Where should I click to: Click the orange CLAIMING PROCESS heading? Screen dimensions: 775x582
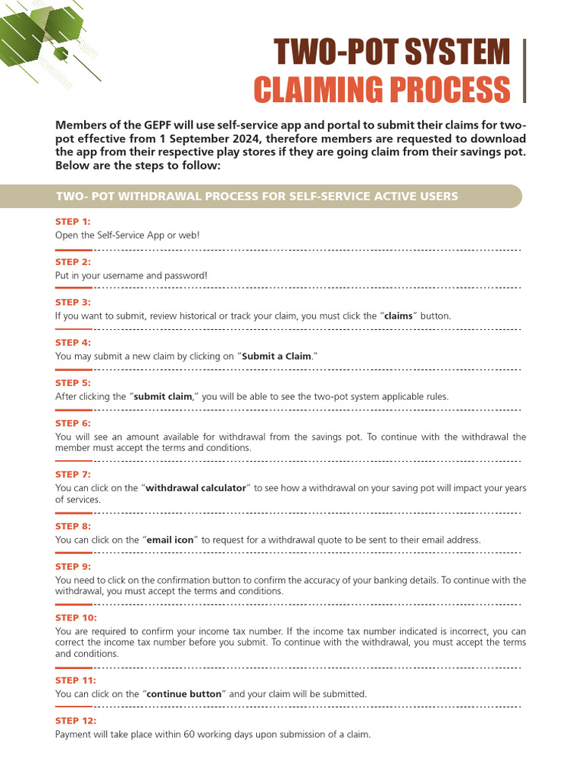click(381, 90)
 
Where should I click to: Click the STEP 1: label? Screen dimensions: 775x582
click(73, 222)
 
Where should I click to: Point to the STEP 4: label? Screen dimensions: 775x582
click(73, 343)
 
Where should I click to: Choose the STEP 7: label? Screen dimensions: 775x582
click(73, 475)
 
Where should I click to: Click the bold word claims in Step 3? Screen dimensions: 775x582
click(398, 316)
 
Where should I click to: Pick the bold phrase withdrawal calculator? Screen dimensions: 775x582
click(196, 488)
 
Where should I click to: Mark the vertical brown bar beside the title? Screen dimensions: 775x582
click(524, 72)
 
